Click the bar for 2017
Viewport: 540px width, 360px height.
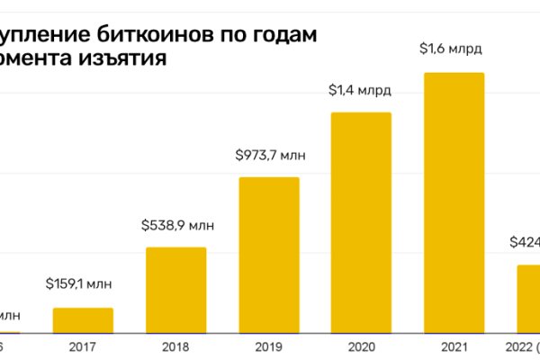(x=83, y=320)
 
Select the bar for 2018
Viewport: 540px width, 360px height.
(x=175, y=290)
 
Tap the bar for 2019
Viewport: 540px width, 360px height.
(x=268, y=255)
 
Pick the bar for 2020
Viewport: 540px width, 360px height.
(x=361, y=222)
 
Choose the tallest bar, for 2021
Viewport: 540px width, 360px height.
(x=454, y=202)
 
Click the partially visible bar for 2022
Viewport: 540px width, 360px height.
(x=528, y=299)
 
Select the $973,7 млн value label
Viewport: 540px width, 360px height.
(x=268, y=156)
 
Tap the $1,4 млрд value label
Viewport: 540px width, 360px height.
(x=361, y=90)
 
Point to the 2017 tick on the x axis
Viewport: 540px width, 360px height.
(x=83, y=347)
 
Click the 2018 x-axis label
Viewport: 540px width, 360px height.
(x=175, y=347)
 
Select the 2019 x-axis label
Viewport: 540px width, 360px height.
(x=268, y=347)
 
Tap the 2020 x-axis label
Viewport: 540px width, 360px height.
(x=361, y=347)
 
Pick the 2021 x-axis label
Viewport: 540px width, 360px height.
(x=454, y=347)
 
